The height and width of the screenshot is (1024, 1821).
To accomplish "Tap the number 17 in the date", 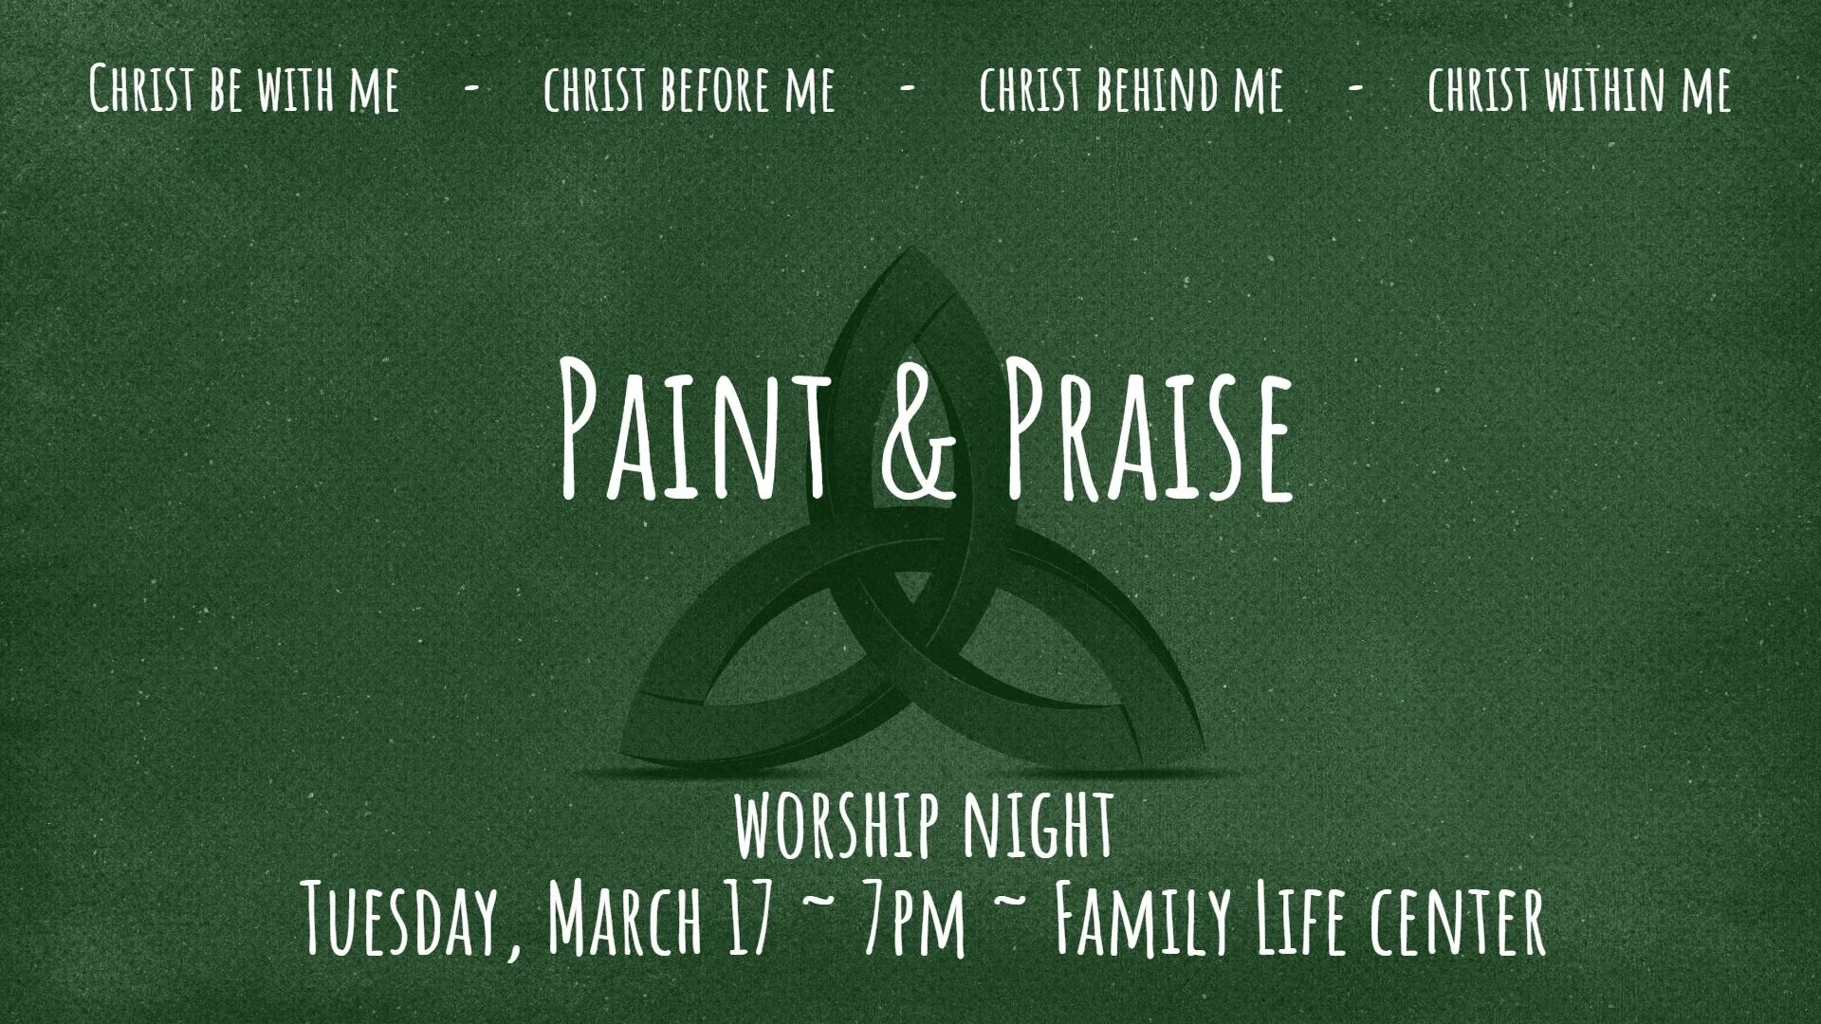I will click(750, 917).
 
